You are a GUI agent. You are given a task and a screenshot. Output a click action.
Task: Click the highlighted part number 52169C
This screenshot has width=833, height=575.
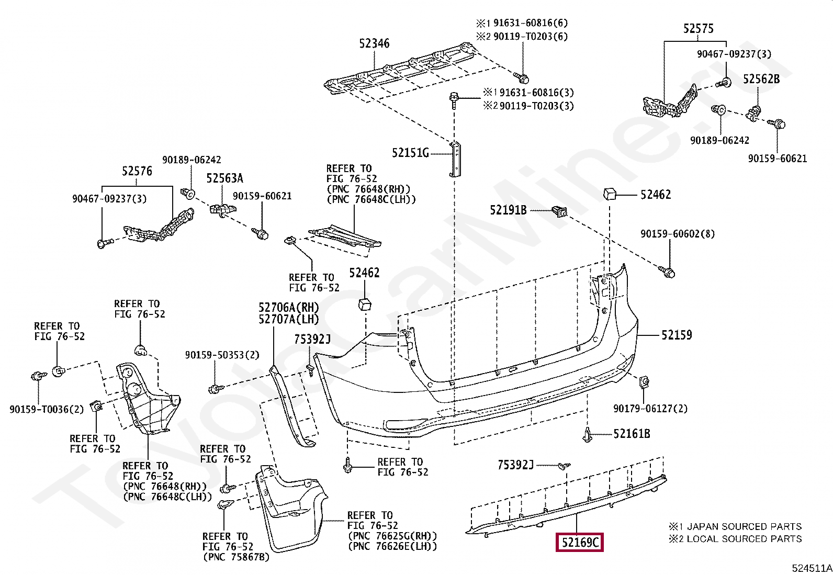coord(579,543)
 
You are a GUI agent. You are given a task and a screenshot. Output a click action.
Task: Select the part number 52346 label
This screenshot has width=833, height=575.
coord(374,43)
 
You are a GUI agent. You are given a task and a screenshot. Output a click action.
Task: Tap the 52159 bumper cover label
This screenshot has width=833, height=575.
coord(677,335)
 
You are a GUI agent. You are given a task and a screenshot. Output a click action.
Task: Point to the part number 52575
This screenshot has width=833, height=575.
coord(698,29)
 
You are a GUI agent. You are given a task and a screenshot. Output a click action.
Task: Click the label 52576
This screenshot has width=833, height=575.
coord(137,171)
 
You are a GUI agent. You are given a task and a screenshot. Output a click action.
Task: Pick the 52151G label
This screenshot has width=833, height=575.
coord(410,153)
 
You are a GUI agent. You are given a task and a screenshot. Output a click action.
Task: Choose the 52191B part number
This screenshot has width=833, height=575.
coord(508,210)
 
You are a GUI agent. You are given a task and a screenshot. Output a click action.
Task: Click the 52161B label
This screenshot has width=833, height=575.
coord(632,434)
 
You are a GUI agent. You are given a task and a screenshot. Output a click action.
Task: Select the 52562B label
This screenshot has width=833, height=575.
coord(761,79)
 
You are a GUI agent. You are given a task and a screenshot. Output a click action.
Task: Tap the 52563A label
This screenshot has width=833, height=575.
coord(224,178)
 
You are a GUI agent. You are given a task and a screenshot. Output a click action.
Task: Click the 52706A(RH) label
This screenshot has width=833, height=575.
coord(288,308)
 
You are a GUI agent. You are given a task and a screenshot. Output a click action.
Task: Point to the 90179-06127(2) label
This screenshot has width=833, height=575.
coord(650,409)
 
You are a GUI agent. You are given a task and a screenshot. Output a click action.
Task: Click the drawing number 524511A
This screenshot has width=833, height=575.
coord(812,568)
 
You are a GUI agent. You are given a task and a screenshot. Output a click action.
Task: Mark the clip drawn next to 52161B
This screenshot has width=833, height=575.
coord(588,435)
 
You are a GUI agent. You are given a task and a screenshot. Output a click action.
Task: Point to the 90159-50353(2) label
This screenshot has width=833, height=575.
coord(222,355)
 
